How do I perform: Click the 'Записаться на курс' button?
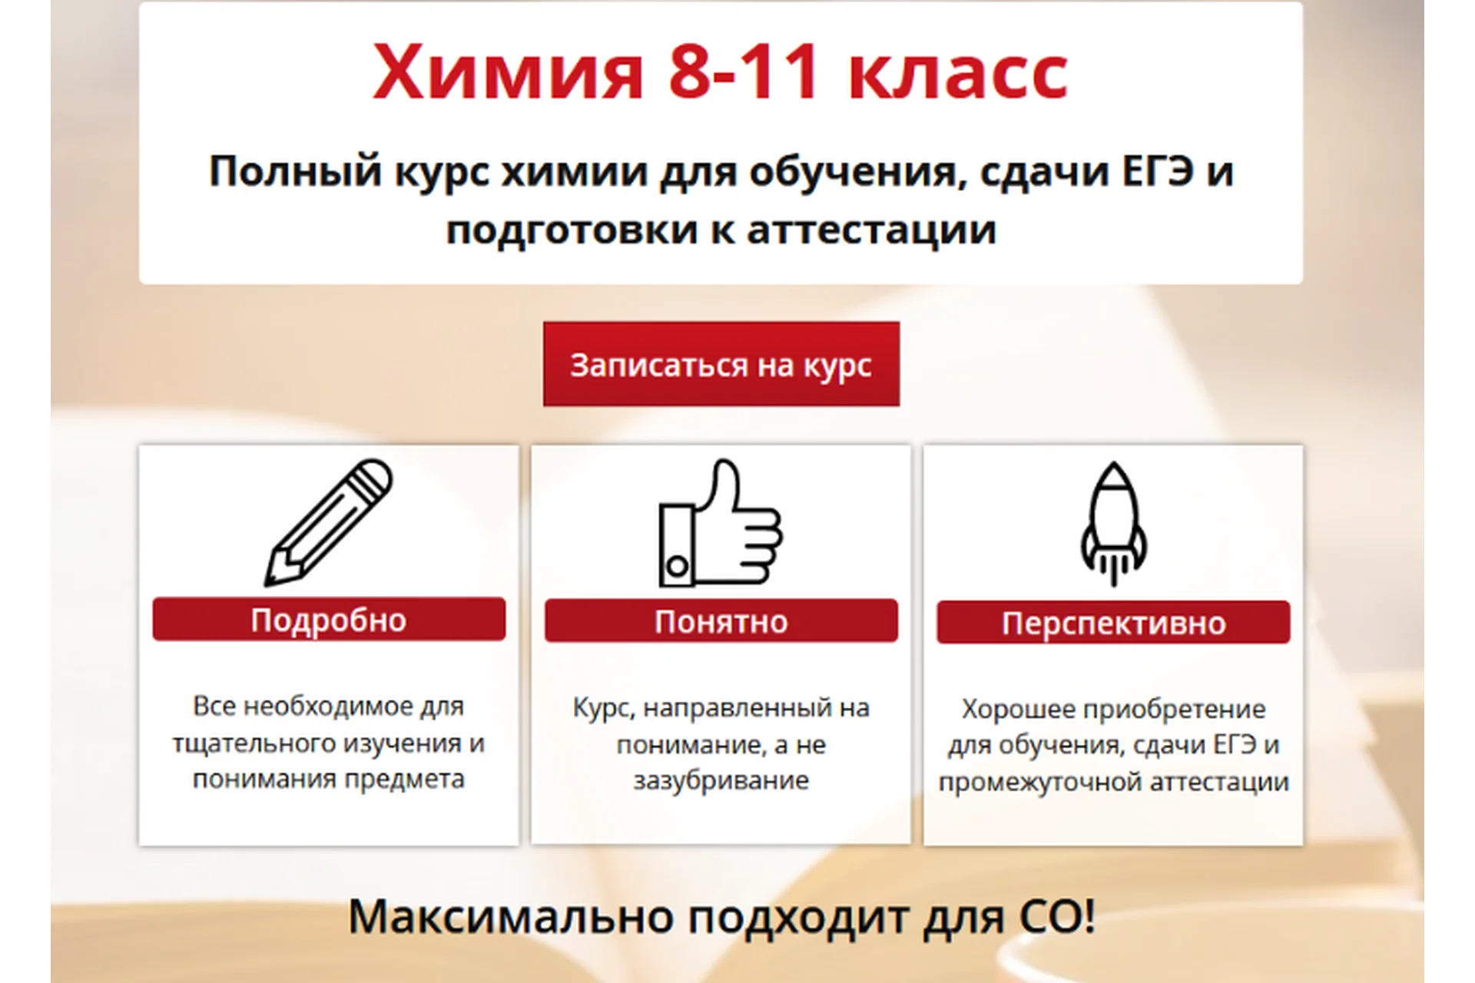[721, 365]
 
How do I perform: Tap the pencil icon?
[328, 522]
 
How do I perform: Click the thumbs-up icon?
[720, 524]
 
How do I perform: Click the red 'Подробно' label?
[329, 620]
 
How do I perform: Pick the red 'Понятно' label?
[721, 621]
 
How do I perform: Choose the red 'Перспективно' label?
[1113, 623]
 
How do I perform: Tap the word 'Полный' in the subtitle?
[295, 170]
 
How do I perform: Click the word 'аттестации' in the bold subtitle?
[871, 229]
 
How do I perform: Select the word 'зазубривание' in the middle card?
[721, 780]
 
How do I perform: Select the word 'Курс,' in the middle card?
[604, 707]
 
